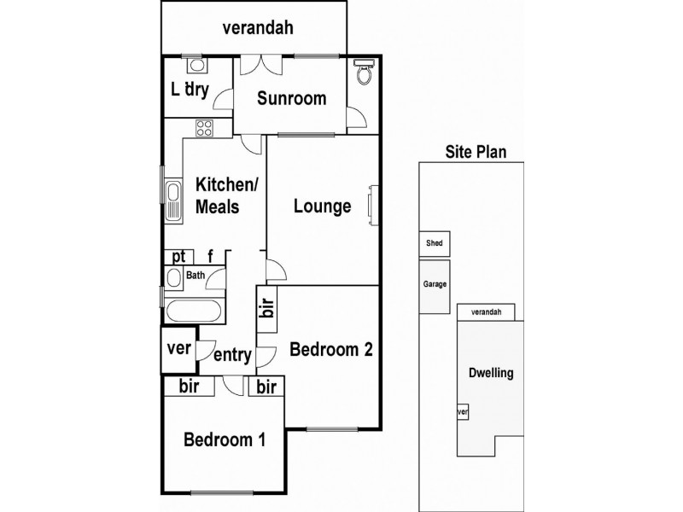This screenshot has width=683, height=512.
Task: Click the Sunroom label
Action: [292, 98]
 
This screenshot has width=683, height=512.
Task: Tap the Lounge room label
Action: [322, 206]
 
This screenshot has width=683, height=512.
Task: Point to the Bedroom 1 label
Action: [225, 440]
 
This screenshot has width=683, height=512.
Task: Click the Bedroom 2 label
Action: [330, 349]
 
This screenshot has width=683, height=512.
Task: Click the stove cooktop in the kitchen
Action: [205, 129]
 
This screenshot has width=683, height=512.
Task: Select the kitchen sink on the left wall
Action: [173, 201]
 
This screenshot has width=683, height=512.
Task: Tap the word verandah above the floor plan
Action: [258, 27]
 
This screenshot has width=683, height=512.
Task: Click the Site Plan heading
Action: [476, 153]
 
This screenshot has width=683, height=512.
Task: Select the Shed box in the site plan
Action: [435, 243]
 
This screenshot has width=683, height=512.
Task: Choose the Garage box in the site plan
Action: [435, 285]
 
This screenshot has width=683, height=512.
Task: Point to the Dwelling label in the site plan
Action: [491, 373]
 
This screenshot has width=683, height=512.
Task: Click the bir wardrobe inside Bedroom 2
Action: [267, 311]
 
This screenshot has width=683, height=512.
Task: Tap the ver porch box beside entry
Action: [178, 348]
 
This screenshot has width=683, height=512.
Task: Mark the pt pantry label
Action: [178, 256]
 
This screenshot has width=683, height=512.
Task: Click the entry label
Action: [232, 356]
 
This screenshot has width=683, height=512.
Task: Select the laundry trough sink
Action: [195, 66]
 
